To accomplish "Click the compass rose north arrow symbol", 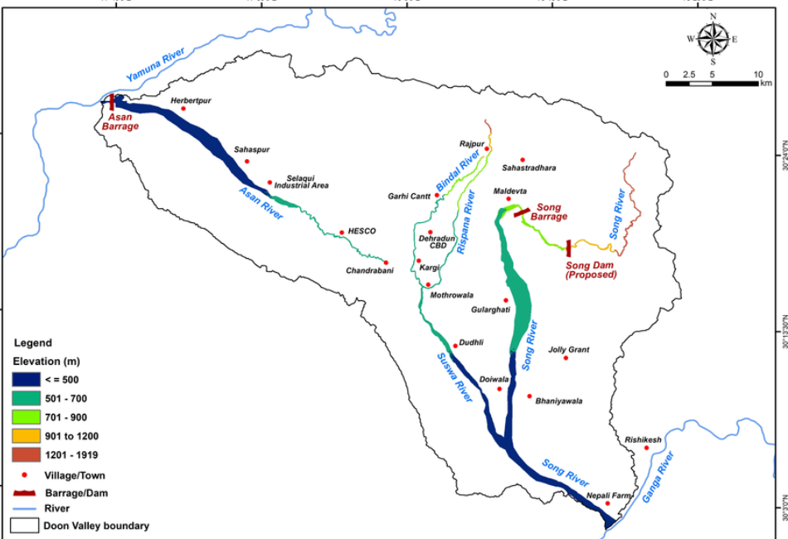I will [x=713, y=38].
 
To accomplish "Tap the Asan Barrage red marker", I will [x=112, y=103].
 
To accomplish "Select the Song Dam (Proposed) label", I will [x=592, y=269].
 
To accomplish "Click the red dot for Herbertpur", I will [x=183, y=109].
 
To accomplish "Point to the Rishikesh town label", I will [x=644, y=440].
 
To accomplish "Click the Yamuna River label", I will [x=154, y=66].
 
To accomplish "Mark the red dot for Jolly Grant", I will [x=567, y=357].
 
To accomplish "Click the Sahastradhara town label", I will [x=528, y=168].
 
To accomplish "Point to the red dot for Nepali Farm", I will [x=607, y=503].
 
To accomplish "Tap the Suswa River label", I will [x=455, y=377].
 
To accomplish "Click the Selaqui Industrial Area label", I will [x=307, y=182].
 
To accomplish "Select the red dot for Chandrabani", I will [x=386, y=263].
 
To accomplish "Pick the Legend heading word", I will [x=32, y=342].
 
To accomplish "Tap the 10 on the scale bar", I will [x=756, y=75].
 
